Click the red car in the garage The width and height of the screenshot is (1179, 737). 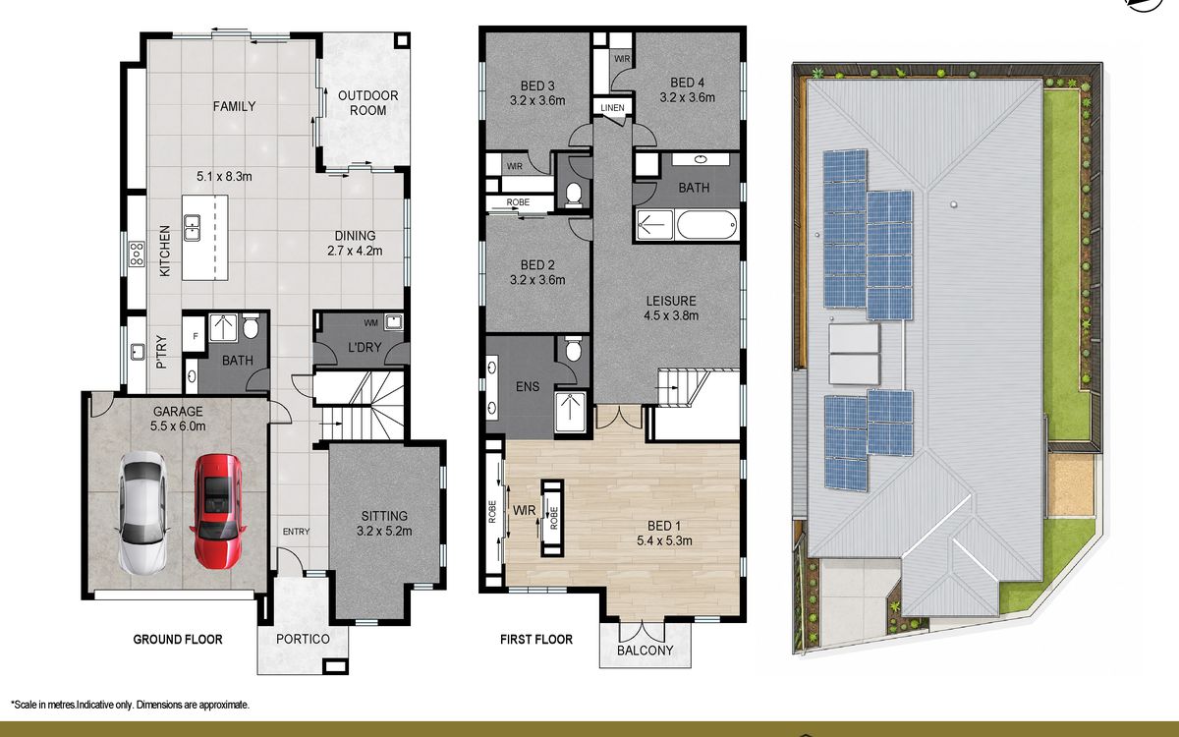217,512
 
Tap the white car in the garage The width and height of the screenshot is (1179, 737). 142,512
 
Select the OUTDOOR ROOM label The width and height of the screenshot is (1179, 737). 367,103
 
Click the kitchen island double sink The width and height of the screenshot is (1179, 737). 192,227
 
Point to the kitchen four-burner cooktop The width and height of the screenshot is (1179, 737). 137,254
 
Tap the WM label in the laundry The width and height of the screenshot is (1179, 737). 370,322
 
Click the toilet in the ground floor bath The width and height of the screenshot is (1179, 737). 251,326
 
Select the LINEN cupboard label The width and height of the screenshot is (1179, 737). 613,108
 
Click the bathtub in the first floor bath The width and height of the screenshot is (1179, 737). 706,225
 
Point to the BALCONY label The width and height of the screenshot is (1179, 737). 645,651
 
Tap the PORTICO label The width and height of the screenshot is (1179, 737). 303,639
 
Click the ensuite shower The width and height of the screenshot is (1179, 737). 571,412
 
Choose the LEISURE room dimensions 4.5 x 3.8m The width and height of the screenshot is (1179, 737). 671,315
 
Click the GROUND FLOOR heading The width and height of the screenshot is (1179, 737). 178,640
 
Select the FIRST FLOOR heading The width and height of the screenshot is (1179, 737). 535,640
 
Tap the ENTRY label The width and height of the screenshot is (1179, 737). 296,532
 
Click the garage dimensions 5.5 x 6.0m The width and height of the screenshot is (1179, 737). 178,425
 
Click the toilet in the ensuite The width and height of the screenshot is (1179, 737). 573,349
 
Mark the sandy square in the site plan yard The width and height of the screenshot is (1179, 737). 1071,484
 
